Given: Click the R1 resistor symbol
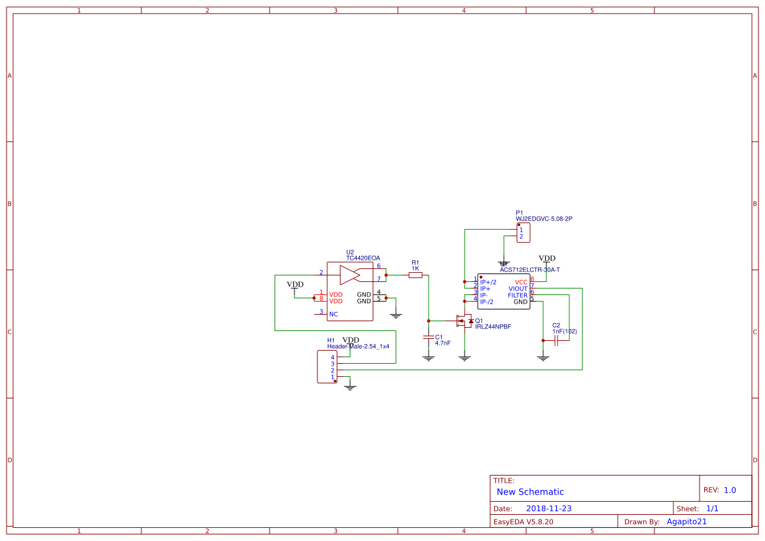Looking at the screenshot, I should coord(416,275).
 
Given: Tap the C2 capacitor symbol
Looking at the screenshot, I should coord(556,341).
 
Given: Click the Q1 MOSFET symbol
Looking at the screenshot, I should coord(464,321).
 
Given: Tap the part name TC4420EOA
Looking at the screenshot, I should coord(363,258).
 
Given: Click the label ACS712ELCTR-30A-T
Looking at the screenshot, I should coord(529,270).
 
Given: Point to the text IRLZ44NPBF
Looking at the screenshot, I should coord(493,326).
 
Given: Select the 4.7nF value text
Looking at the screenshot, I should coord(443,343).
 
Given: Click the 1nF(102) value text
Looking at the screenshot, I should coord(565,332).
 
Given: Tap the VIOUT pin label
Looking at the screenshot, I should coord(518,288).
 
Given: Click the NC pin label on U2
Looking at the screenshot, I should coord(334,314).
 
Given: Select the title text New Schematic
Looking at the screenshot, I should coord(530,492).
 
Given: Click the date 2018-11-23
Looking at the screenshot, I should coord(549,508).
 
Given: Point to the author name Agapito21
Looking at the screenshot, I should coord(686,521).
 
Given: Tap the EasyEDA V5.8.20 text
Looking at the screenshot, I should coord(523,522).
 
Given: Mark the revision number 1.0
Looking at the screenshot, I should coord(730,490).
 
